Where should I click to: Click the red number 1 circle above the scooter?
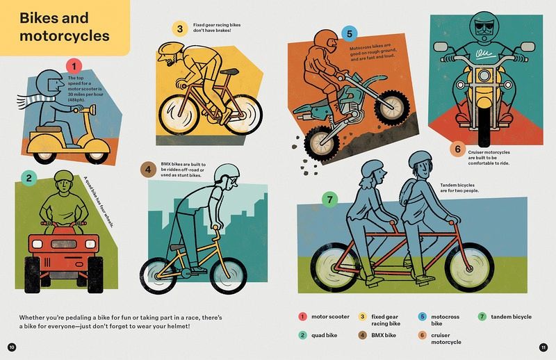tap(74, 67)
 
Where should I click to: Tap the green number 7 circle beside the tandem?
tap(329, 199)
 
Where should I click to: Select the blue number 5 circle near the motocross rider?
tap(350, 34)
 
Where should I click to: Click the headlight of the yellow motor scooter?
tap(93, 110)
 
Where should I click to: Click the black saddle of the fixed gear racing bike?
tap(229, 72)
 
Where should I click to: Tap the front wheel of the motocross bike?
tap(391, 107)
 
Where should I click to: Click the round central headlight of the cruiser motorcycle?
tap(484, 76)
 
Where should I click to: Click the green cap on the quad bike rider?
tap(64, 176)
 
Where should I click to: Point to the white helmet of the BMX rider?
tap(227, 172)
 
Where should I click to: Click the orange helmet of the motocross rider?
tap(326, 40)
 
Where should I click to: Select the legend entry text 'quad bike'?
tap(324, 335)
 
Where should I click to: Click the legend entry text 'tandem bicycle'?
tap(511, 317)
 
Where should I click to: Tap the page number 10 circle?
tap(12, 347)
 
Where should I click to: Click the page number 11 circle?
tap(543, 347)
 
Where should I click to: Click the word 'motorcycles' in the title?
tap(65, 36)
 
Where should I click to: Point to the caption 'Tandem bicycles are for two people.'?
tap(459, 188)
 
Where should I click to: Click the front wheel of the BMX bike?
tap(229, 275)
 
